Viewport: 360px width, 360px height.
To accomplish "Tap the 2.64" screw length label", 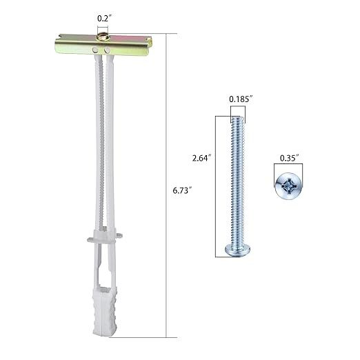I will tap(202, 158).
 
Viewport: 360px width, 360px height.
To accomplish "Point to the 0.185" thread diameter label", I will tap(239, 99).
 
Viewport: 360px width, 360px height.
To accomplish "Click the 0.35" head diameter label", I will tap(289, 158).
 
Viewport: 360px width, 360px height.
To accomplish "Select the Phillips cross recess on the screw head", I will tap(288, 185).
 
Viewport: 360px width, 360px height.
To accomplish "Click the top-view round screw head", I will tap(288, 185).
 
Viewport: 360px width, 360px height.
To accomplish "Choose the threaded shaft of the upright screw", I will tap(237, 179).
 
